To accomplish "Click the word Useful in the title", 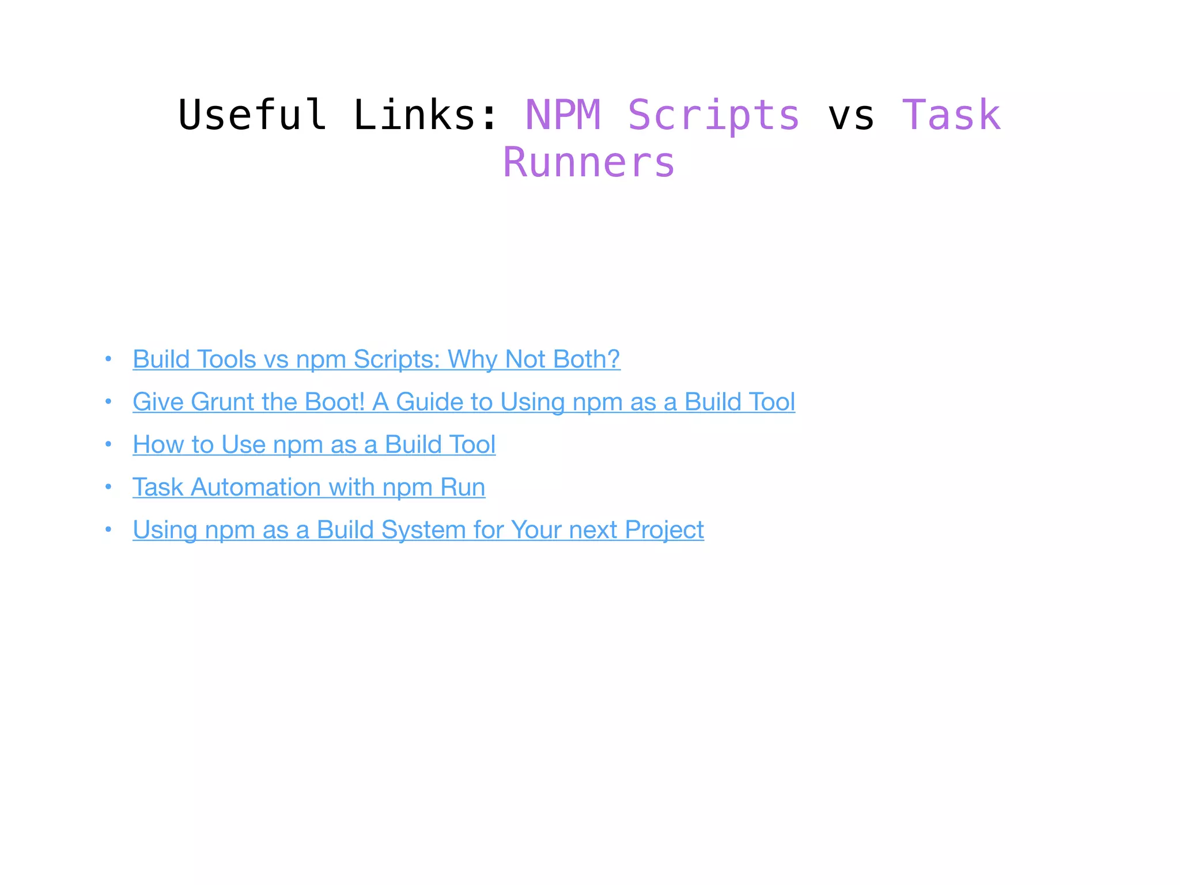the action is point(252,115).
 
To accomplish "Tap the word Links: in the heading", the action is point(425,115).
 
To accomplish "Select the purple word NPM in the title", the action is point(563,115).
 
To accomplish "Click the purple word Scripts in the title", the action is point(713,115).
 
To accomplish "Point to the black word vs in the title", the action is point(851,115).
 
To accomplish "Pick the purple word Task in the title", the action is point(951,115).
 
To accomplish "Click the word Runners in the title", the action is point(589,162).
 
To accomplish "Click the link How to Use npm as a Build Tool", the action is point(314,444).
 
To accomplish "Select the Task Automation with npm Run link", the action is point(309,487).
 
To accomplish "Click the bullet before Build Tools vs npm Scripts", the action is point(108,359).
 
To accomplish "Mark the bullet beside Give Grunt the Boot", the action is point(108,402).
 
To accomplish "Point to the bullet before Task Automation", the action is point(108,487).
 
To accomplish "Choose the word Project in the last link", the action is point(664,530).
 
